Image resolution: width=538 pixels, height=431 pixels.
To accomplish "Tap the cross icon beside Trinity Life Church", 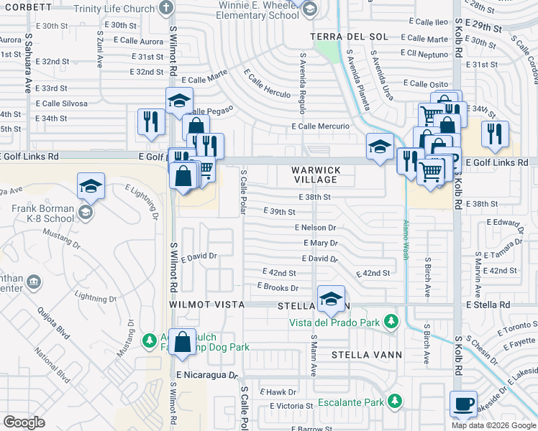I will click(x=166, y=7).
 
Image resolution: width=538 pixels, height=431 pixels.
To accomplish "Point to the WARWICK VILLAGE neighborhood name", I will click(x=314, y=175).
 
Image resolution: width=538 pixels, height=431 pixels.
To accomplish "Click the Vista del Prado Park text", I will click(x=334, y=322).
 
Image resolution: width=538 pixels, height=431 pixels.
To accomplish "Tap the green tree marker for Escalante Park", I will click(x=394, y=400).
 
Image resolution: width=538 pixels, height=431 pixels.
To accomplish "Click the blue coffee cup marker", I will click(x=463, y=404).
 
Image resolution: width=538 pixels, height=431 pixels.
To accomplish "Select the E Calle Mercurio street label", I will click(x=320, y=126).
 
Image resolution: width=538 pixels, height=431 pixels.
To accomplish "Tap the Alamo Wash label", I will click(x=406, y=238).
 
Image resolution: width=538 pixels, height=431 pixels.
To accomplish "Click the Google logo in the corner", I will click(x=24, y=422).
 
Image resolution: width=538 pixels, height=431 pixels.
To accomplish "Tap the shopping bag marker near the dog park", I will click(x=183, y=343).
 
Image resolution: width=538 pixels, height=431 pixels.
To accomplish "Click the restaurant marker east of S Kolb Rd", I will click(x=495, y=134).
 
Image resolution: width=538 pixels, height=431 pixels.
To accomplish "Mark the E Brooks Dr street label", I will click(x=278, y=287).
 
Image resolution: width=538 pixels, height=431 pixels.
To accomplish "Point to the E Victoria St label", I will click(x=291, y=406).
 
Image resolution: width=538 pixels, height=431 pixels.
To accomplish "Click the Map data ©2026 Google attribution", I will click(x=494, y=425).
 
